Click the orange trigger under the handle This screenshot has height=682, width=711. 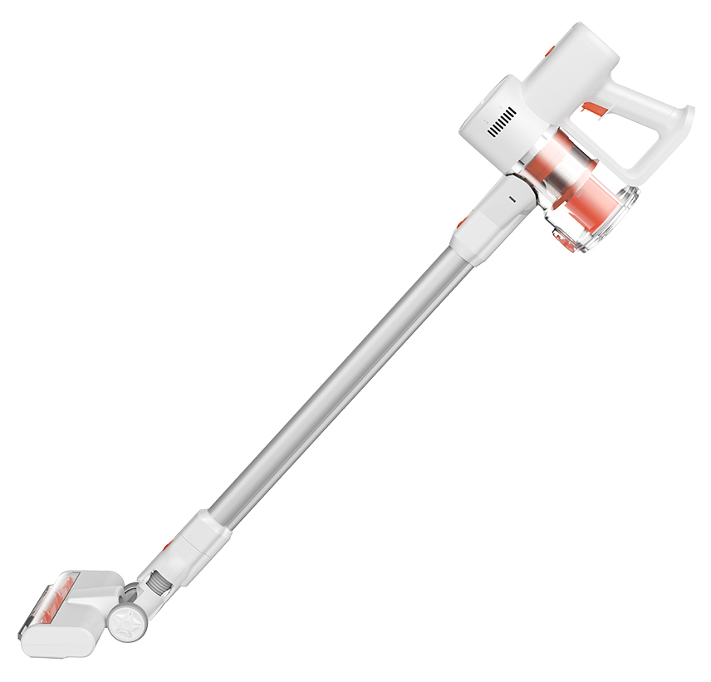tap(593, 109)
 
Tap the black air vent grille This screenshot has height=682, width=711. tap(502, 122)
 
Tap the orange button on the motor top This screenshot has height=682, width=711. tap(549, 52)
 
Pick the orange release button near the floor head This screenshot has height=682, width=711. tap(169, 545)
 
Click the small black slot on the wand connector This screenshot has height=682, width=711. tap(511, 199)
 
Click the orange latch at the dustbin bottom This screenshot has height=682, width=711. tap(566, 242)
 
